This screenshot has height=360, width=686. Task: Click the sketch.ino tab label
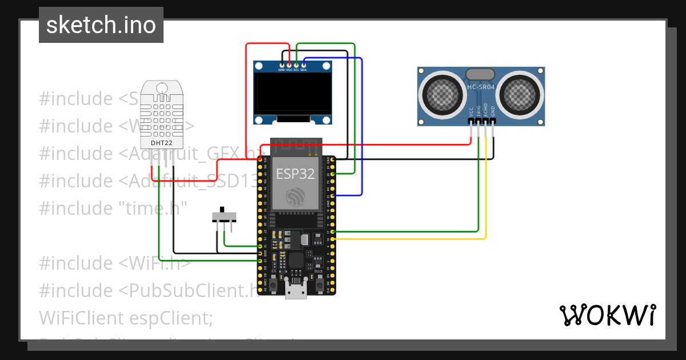pyautogui.click(x=101, y=25)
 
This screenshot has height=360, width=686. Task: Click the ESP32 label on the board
pyautogui.click(x=296, y=174)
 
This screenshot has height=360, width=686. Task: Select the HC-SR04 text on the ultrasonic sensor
pyautogui.click(x=481, y=87)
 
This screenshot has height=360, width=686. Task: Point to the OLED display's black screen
pyautogui.click(x=293, y=94)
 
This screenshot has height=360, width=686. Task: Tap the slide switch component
pyautogui.click(x=224, y=217)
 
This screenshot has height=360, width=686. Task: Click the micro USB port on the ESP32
pyautogui.click(x=296, y=290)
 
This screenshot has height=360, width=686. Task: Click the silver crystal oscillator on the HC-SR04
pyautogui.click(x=481, y=74)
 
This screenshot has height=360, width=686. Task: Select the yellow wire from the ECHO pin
pyautogui.click(x=486, y=189)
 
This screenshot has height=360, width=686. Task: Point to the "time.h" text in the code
pyautogui.click(x=151, y=208)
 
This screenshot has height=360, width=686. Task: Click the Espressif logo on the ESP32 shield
pyautogui.click(x=296, y=197)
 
